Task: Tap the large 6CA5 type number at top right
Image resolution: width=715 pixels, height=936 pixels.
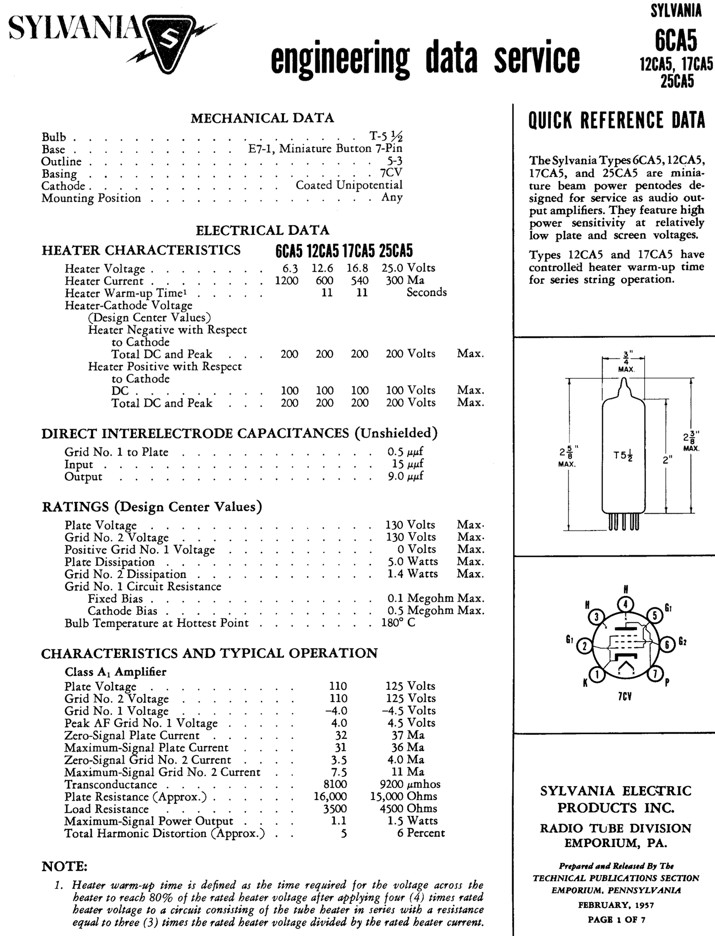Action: coord(675,41)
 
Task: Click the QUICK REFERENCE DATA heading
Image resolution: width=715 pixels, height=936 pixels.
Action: coord(617,120)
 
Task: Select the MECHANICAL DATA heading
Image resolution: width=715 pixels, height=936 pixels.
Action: coord(262,118)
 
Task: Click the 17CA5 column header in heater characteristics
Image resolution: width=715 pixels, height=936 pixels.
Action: coord(359,251)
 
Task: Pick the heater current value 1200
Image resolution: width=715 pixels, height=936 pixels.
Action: coord(286,280)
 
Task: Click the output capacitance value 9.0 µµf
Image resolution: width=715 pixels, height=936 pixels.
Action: coord(405,477)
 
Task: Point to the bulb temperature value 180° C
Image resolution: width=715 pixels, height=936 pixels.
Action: coord(398,623)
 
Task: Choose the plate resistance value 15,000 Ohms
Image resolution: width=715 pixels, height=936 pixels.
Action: coord(403,797)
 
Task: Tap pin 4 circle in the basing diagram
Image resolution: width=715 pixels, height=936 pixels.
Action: coord(625,605)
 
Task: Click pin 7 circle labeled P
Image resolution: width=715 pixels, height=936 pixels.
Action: coord(655,674)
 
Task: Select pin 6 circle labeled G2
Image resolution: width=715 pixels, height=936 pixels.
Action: coord(667,644)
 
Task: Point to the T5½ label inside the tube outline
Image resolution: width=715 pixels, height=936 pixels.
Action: coord(623,455)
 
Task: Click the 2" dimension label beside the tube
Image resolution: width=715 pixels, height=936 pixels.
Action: coord(667,460)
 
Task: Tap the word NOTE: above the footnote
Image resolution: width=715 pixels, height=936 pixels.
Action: coord(64,866)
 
